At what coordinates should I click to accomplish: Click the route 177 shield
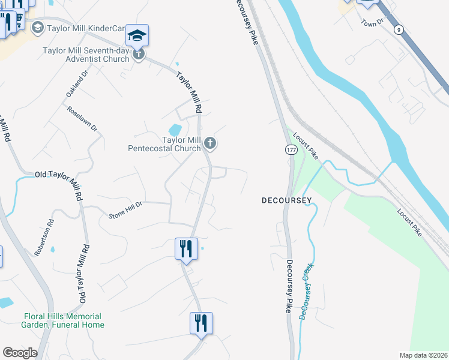[290, 148]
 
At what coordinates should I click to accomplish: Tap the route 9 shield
[398, 29]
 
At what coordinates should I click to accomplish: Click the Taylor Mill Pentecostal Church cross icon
[209, 143]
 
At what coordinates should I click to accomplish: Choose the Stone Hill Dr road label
[125, 209]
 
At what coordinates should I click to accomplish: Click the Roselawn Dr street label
[82, 119]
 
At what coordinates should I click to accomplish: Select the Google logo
[20, 353]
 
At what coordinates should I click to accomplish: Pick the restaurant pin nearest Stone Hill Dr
[186, 248]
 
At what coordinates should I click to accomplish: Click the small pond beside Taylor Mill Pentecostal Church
[175, 130]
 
